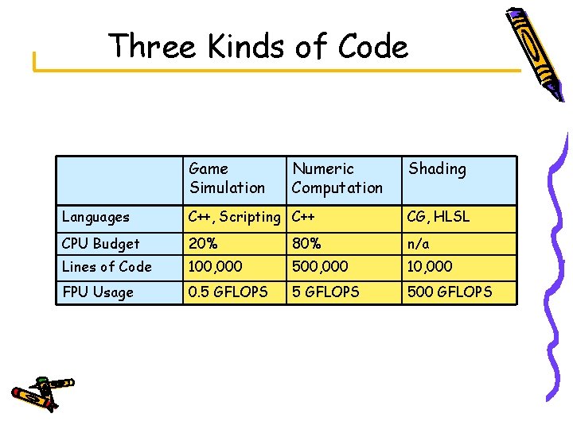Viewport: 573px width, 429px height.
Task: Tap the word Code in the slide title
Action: tap(372, 47)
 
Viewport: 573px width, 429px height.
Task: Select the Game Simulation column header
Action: tap(227, 178)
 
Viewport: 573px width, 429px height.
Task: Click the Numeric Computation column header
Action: tap(337, 178)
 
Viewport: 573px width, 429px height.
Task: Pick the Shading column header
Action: tap(437, 169)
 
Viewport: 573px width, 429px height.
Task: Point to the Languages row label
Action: tap(95, 217)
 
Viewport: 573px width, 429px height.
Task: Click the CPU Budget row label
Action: tap(100, 244)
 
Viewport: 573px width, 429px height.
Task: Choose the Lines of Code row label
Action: tap(107, 267)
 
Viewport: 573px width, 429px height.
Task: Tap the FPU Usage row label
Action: tap(98, 292)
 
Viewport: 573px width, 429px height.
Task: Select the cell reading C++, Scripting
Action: tap(235, 217)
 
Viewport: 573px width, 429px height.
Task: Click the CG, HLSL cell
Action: tap(438, 217)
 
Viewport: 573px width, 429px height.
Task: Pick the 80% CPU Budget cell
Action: tap(308, 244)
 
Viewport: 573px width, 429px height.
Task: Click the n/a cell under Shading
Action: tap(419, 244)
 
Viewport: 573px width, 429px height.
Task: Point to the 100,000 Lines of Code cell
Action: tap(216, 267)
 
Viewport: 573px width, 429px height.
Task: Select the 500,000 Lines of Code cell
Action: tap(320, 267)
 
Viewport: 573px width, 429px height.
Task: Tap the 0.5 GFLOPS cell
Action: tap(228, 292)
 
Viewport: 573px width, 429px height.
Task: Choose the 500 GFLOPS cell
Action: tap(450, 292)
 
